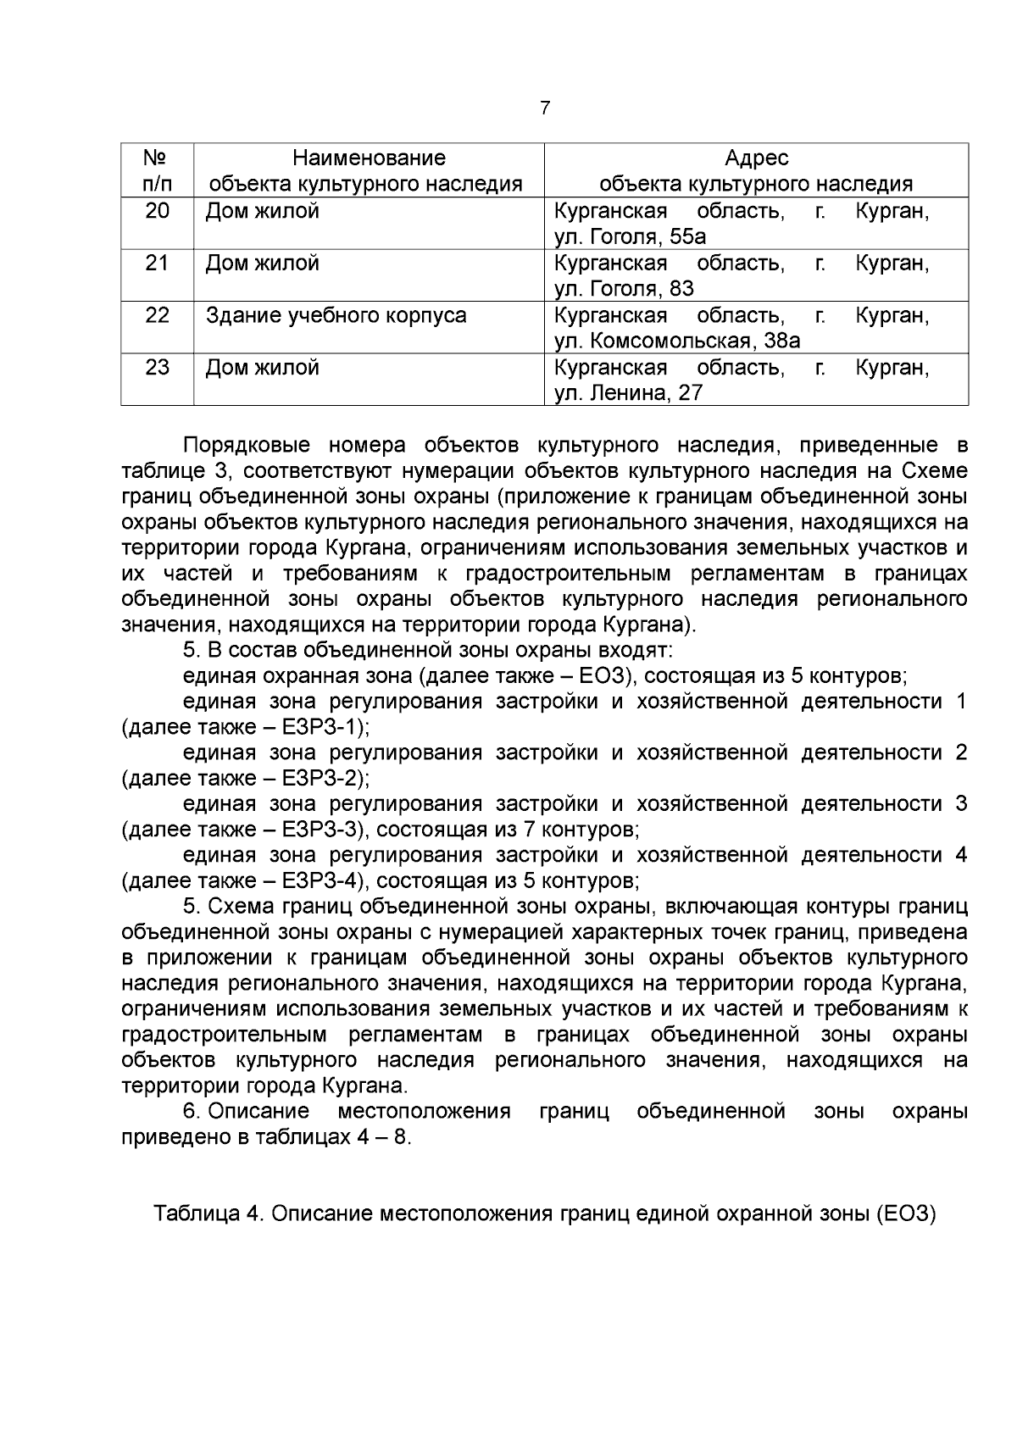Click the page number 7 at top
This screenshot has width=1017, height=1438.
(544, 108)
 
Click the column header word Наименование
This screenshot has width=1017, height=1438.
(369, 158)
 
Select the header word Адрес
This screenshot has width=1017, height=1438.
(756, 158)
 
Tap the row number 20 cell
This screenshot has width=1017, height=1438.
(158, 211)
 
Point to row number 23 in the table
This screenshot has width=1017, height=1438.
(158, 368)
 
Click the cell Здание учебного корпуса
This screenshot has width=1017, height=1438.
(336, 315)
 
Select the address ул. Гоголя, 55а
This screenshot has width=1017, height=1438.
(630, 236)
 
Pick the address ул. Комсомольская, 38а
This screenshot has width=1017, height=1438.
(677, 341)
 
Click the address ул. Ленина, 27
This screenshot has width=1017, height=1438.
(628, 393)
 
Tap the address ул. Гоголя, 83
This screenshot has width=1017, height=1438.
(624, 289)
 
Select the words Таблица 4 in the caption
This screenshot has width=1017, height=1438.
(206, 1214)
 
